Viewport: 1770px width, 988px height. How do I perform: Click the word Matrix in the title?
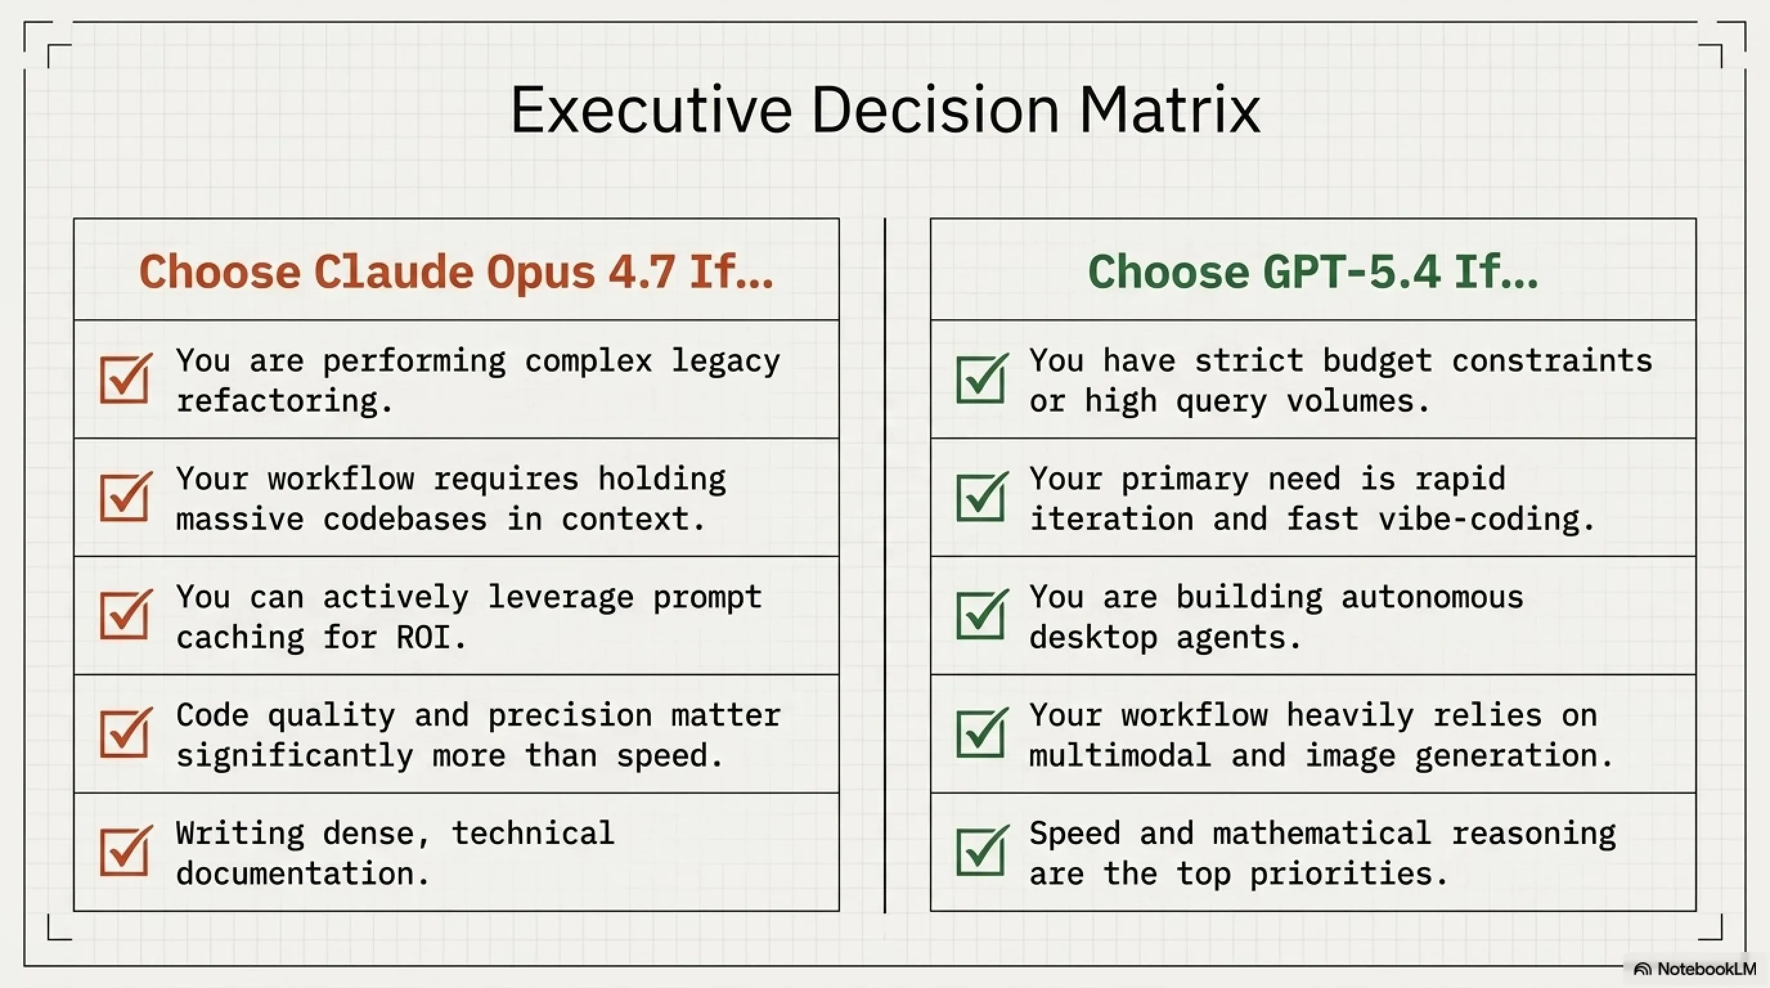click(x=1169, y=110)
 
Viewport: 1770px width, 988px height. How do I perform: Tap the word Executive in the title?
click(x=652, y=110)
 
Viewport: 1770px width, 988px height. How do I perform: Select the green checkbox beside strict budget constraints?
click(x=982, y=379)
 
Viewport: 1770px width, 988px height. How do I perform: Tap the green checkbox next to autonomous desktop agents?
click(x=982, y=615)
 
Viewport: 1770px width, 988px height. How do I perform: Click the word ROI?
click(x=423, y=637)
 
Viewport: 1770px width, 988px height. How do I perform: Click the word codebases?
click(x=405, y=518)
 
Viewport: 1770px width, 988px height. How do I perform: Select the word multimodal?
click(x=1120, y=755)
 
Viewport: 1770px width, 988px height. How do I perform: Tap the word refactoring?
click(x=277, y=401)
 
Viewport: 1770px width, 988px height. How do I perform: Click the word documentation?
click(x=295, y=874)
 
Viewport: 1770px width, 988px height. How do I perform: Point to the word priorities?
click(x=1340, y=874)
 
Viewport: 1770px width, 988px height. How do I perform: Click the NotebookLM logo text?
click(x=1706, y=969)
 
